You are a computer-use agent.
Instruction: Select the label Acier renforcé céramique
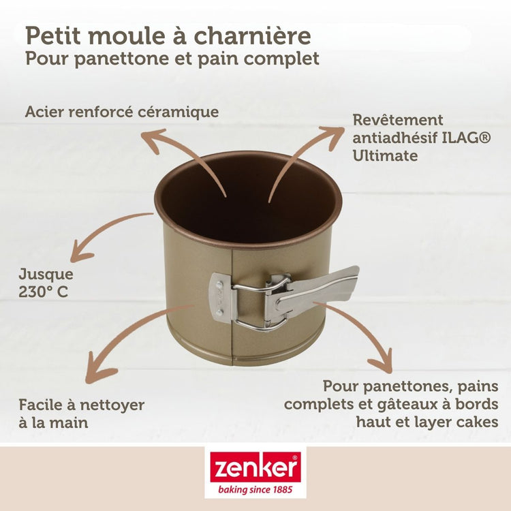click(122, 112)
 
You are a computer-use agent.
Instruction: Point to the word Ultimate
click(384, 155)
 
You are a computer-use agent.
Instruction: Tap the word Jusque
click(46, 275)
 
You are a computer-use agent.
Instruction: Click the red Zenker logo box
click(255, 467)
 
